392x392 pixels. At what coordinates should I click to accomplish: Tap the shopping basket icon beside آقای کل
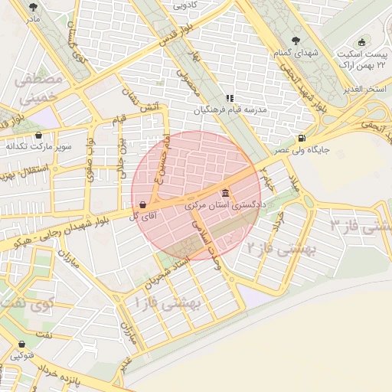click(x=143, y=204)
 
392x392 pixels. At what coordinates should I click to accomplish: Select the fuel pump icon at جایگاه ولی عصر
click(x=301, y=139)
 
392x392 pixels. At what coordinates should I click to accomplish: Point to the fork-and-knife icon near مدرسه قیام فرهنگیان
click(x=229, y=98)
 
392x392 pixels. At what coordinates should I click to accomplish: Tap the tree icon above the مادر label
click(x=31, y=5)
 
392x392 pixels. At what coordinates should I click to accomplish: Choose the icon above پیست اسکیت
click(x=362, y=42)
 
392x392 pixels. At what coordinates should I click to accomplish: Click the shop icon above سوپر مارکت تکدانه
click(x=38, y=135)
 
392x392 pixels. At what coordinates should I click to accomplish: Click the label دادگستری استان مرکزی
click(x=225, y=206)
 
